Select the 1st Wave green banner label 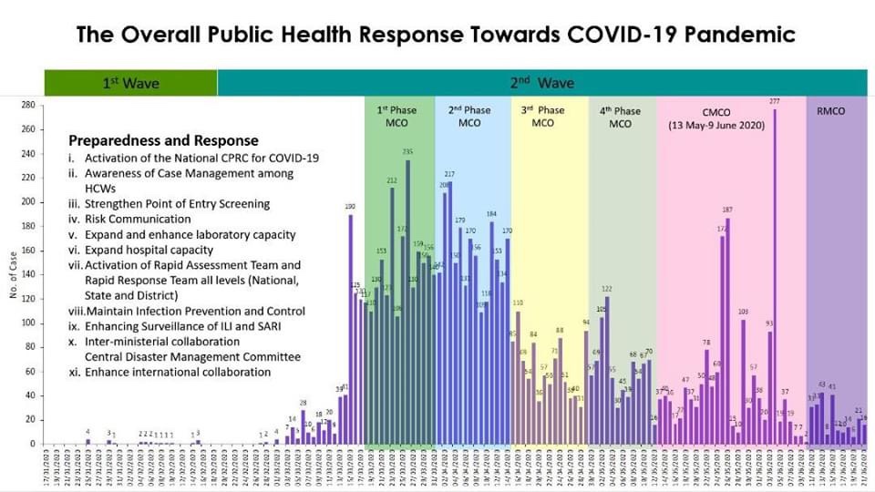tap(130, 83)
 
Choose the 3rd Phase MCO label tap(542, 117)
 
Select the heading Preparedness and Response tap(163, 141)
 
